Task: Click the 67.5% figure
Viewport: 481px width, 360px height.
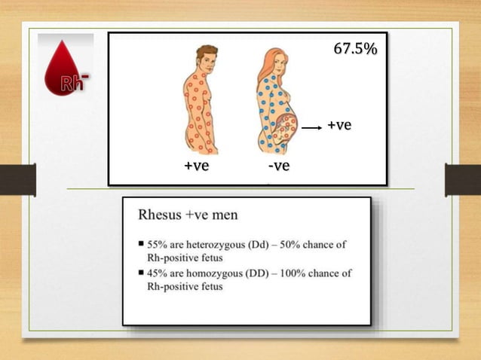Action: pos(355,50)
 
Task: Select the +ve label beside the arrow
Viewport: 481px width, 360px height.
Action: pos(339,125)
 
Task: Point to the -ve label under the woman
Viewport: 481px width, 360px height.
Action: pos(278,166)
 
